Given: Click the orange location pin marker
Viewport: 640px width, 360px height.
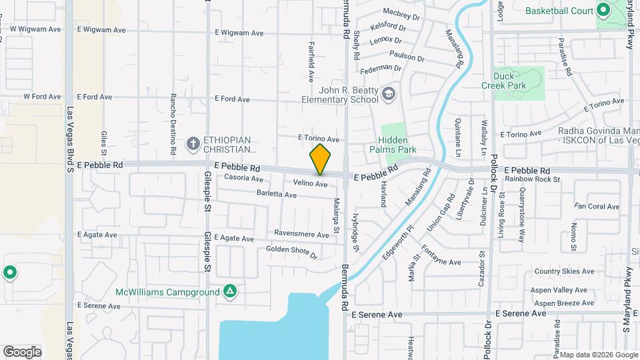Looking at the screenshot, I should pos(320,159).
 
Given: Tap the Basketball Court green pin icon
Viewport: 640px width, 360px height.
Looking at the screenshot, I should pos(603,11).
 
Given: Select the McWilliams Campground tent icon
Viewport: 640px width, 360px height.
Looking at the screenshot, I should pos(229,292).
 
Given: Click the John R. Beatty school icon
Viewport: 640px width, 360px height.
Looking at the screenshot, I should pos(387,95).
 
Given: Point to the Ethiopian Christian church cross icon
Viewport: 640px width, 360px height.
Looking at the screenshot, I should pos(193,143).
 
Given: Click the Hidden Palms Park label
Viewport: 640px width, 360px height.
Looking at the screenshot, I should pos(397,145).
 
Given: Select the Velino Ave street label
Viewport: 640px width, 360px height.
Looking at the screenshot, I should pos(310,183).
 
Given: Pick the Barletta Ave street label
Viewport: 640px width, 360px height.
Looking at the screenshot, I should pos(276,195).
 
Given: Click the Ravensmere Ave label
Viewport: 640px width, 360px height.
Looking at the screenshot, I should pos(301,235).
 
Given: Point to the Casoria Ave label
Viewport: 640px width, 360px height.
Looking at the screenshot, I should pos(243,178).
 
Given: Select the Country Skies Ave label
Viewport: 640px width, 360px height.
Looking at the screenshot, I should pos(564,271).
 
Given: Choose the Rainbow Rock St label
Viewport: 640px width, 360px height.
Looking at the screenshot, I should pos(532,179).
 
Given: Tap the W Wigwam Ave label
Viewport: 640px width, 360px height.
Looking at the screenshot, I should pos(35,30).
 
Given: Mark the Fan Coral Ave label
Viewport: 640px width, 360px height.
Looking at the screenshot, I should pos(597,207).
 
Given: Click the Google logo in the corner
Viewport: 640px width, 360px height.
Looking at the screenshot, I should pos(22,351).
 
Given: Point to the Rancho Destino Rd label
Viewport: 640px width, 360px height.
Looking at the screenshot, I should pos(173,121).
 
